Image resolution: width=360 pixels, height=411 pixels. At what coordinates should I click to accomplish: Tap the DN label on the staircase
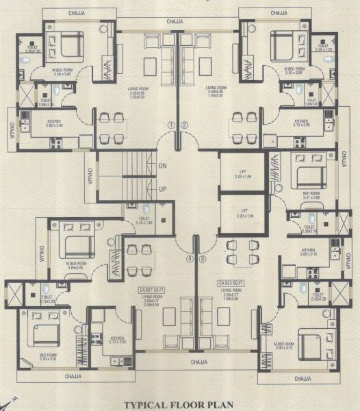(162, 166)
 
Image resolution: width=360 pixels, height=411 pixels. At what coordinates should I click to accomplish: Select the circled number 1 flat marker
(171, 125)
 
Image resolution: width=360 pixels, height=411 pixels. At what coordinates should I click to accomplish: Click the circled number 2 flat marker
(184, 125)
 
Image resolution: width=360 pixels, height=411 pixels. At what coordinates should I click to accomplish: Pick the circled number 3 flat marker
(202, 259)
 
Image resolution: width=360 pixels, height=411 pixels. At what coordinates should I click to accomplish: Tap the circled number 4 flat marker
(190, 259)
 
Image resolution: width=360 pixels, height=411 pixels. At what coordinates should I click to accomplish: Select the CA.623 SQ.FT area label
(233, 282)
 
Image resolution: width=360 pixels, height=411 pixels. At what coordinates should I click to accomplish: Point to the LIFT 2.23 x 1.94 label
(242, 175)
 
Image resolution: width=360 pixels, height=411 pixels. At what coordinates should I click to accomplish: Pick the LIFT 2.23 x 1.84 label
(242, 214)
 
